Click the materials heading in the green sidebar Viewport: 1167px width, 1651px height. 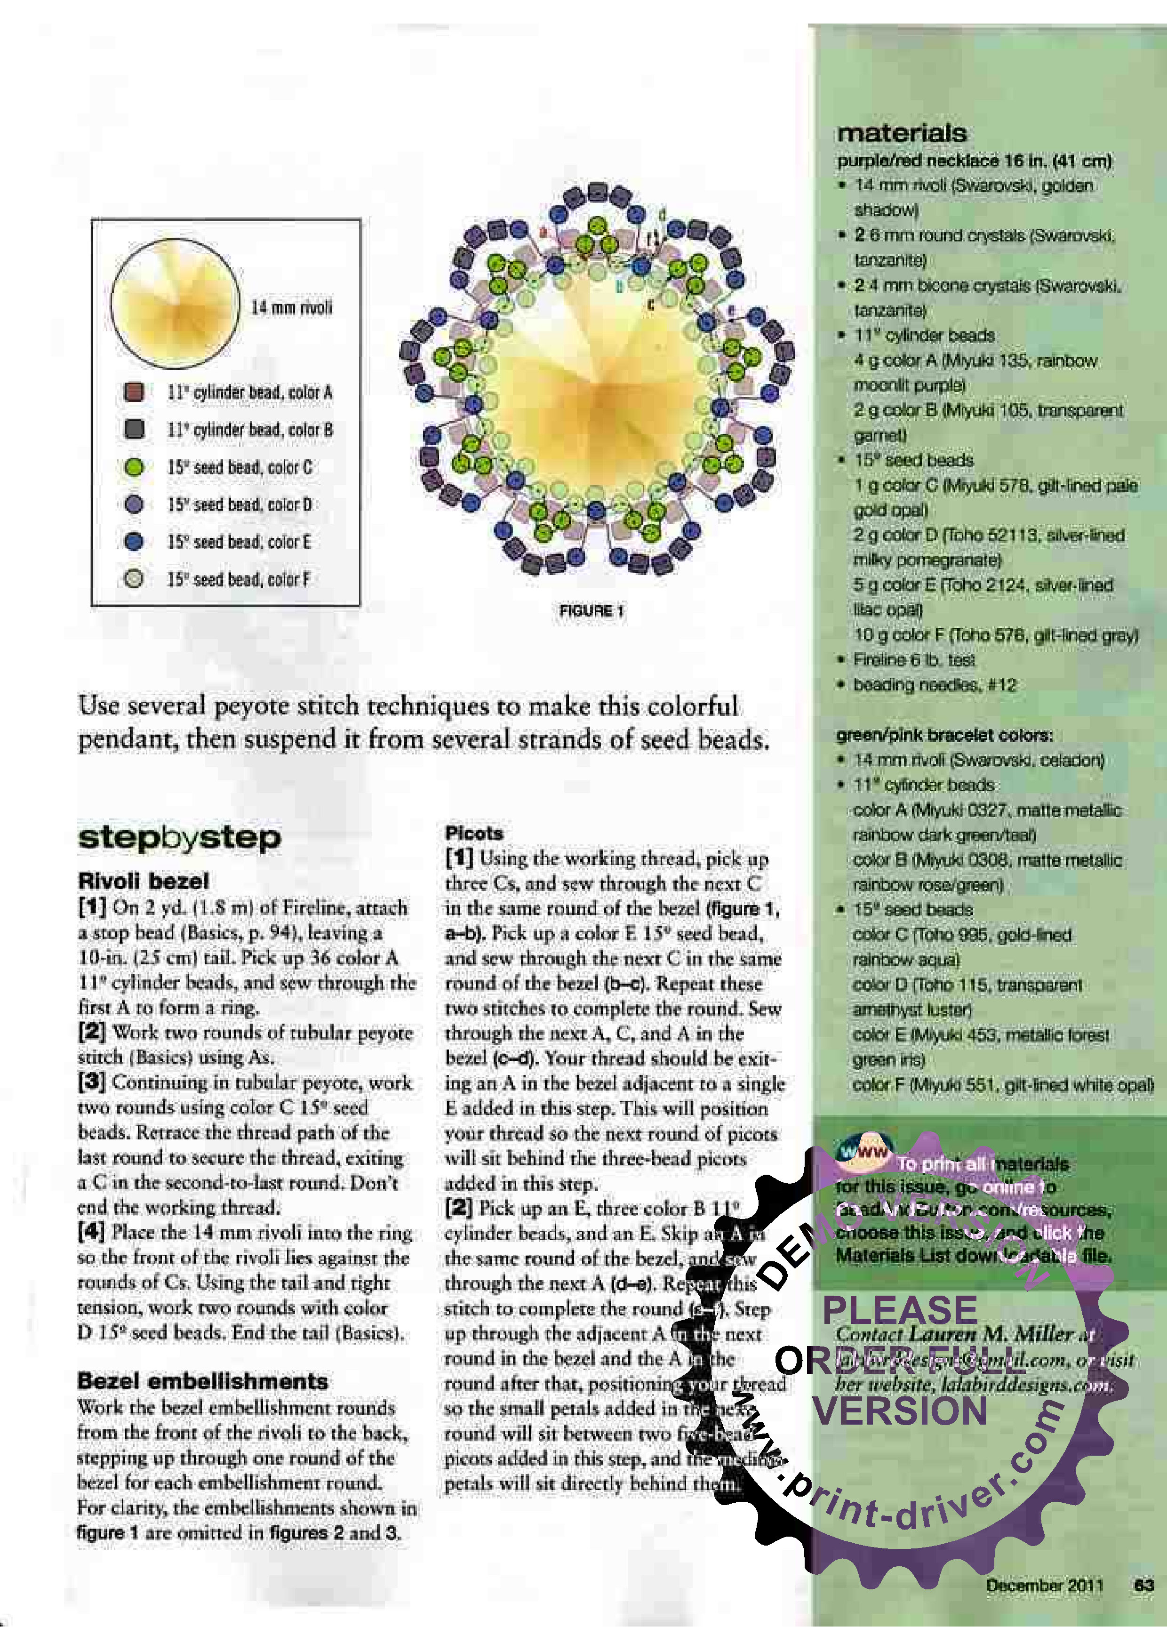[x=902, y=133]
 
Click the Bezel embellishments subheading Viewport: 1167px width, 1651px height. [x=202, y=1381]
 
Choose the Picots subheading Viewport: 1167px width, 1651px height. [x=474, y=833]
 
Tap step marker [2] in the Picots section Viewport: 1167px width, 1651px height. [x=459, y=1208]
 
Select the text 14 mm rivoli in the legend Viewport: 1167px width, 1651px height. [x=291, y=308]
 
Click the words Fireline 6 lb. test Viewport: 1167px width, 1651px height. [x=913, y=659]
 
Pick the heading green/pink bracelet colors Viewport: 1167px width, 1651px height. [x=944, y=735]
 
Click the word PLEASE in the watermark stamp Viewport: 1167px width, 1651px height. [x=900, y=1310]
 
